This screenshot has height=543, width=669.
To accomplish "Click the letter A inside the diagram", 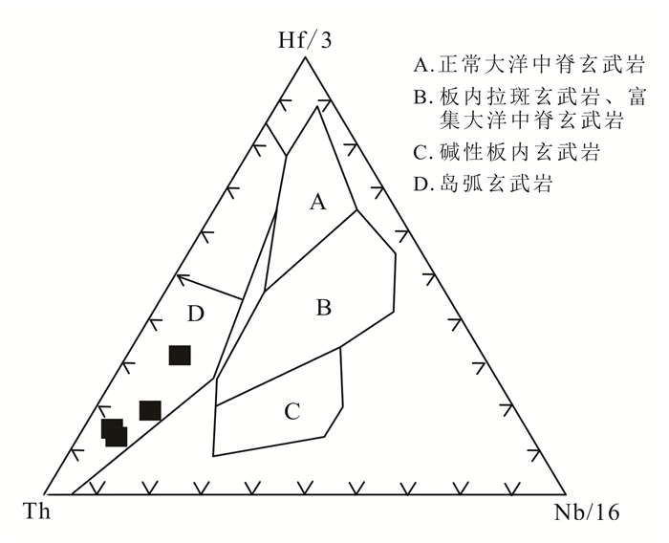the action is [318, 202].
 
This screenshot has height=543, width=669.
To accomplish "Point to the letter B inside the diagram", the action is [324, 308].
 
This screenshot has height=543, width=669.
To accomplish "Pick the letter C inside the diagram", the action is [293, 412].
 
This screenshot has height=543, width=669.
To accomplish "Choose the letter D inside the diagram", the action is [196, 313].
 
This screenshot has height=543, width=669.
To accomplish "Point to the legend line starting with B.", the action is [529, 97].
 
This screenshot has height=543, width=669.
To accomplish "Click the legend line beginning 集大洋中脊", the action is [531, 121].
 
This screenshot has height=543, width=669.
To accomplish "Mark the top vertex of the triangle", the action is [305, 56].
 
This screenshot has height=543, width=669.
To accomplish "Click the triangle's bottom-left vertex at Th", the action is [46, 494].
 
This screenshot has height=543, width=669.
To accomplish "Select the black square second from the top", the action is [150, 410].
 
